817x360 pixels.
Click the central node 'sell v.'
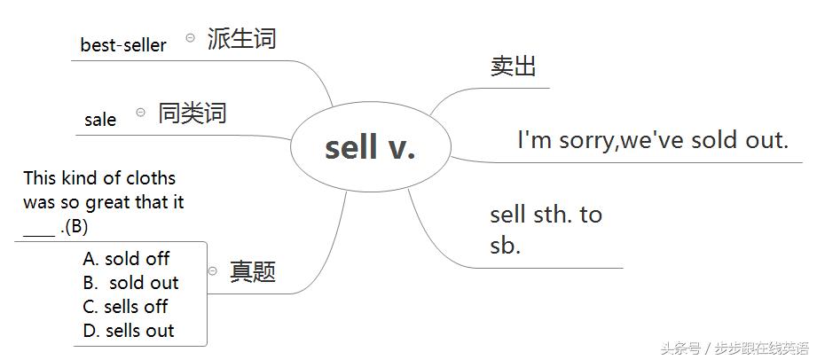click(x=370, y=148)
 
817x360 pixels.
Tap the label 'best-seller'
click(x=123, y=45)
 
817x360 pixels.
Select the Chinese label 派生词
click(x=241, y=39)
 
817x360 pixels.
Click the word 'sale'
click(x=100, y=120)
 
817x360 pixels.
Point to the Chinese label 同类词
click(x=192, y=113)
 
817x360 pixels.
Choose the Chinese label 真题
click(x=253, y=271)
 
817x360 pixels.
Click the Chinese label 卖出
click(x=513, y=67)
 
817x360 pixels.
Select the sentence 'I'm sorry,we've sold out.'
click(x=653, y=140)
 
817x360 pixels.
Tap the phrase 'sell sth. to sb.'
click(x=545, y=230)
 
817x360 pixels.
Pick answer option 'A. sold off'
click(x=126, y=259)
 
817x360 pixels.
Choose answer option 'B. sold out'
click(x=131, y=283)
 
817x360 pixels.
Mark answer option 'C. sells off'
click(x=125, y=307)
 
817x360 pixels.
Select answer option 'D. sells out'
click(x=129, y=331)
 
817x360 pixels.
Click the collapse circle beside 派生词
click(x=190, y=38)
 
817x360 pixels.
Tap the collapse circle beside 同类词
click(x=141, y=113)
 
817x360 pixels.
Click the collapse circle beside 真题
click(x=213, y=270)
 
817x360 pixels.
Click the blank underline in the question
click(x=39, y=232)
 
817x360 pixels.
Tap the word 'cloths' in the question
click(x=149, y=178)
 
